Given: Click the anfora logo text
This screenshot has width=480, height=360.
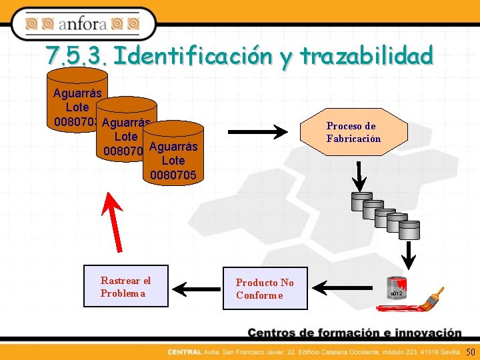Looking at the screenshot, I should click(82, 25).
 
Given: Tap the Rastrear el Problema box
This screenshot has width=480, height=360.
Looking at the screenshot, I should click(126, 287).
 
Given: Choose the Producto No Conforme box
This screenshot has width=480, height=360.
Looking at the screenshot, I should click(265, 289).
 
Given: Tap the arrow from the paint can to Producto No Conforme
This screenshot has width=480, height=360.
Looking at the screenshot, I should click(340, 289).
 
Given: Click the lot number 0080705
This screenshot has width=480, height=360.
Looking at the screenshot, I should click(173, 175).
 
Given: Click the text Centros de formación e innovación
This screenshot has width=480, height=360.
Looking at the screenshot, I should click(354, 333).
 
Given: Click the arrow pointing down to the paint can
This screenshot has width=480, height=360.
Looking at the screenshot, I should click(409, 254).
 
